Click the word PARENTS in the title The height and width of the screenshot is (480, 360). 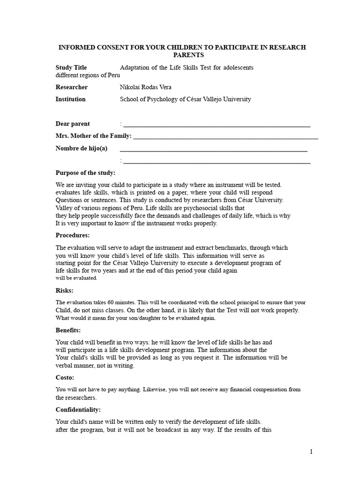[x=181, y=55]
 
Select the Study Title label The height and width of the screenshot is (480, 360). [x=71, y=67]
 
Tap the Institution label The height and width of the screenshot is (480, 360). [x=71, y=99]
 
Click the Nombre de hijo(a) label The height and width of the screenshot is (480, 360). [x=82, y=149]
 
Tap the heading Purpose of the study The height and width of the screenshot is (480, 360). [x=85, y=173]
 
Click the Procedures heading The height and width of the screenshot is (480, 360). [x=73, y=235]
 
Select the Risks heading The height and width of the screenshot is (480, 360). [x=65, y=291]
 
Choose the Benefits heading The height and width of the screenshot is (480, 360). [x=68, y=330]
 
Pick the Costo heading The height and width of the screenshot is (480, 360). [x=65, y=377]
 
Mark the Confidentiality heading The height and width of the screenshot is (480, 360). [x=78, y=410]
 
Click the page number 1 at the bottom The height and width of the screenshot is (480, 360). [x=310, y=452]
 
